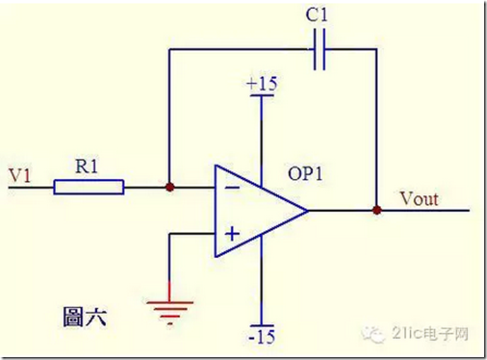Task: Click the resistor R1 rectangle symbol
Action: (x=89, y=187)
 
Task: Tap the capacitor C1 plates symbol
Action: (x=319, y=49)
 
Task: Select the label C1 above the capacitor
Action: (x=317, y=15)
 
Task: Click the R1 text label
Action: (x=87, y=166)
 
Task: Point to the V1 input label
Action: (x=20, y=175)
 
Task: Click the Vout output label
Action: (x=419, y=199)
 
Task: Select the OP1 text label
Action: (x=305, y=174)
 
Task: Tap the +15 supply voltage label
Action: (x=262, y=83)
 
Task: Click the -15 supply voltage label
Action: (x=262, y=337)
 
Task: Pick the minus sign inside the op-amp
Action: (x=232, y=187)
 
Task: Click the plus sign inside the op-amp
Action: (x=233, y=233)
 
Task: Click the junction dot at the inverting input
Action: (x=170, y=187)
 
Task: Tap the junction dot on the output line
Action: (x=377, y=211)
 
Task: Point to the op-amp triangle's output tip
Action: (x=307, y=211)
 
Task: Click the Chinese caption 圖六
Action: (x=85, y=317)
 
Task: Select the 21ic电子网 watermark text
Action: (x=430, y=334)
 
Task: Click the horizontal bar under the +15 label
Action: (x=262, y=95)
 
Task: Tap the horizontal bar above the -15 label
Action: (x=262, y=325)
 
